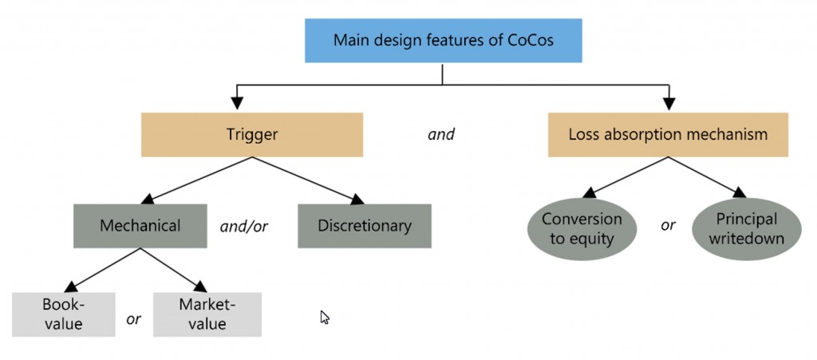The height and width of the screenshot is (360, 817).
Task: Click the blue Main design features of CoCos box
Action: tap(443, 40)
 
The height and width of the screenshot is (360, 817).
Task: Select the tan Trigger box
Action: tap(251, 134)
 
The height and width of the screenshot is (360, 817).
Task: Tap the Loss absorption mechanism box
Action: tap(668, 134)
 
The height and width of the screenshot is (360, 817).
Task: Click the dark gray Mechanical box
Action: tap(140, 226)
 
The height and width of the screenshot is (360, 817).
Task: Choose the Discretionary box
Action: tap(365, 226)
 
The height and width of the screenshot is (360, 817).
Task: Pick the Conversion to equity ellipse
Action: tap(582, 229)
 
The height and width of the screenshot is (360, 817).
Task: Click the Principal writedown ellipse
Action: tap(747, 229)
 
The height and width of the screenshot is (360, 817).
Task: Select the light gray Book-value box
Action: tap(64, 315)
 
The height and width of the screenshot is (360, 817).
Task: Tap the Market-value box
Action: tap(207, 315)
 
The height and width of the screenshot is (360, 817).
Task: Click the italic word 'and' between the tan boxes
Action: tap(440, 134)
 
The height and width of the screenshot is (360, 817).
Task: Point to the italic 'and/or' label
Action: tap(244, 227)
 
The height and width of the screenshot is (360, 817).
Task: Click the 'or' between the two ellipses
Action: tap(668, 226)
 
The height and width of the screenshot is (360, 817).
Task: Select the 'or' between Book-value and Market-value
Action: tap(133, 318)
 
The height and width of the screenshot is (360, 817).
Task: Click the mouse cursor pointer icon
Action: tap(325, 317)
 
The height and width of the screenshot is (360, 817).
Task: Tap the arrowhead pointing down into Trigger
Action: tap(237, 105)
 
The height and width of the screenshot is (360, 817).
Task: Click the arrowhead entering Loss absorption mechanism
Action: tap(669, 105)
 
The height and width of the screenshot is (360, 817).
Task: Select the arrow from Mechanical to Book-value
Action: tap(102, 270)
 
